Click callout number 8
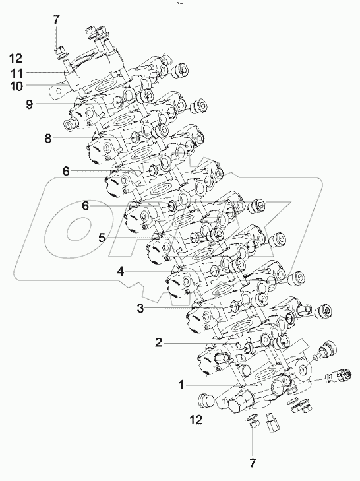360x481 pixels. [x=47, y=138]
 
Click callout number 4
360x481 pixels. [x=121, y=271]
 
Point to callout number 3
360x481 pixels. [x=140, y=307]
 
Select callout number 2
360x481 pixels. [x=158, y=342]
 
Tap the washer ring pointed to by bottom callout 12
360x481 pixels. [x=251, y=418]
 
